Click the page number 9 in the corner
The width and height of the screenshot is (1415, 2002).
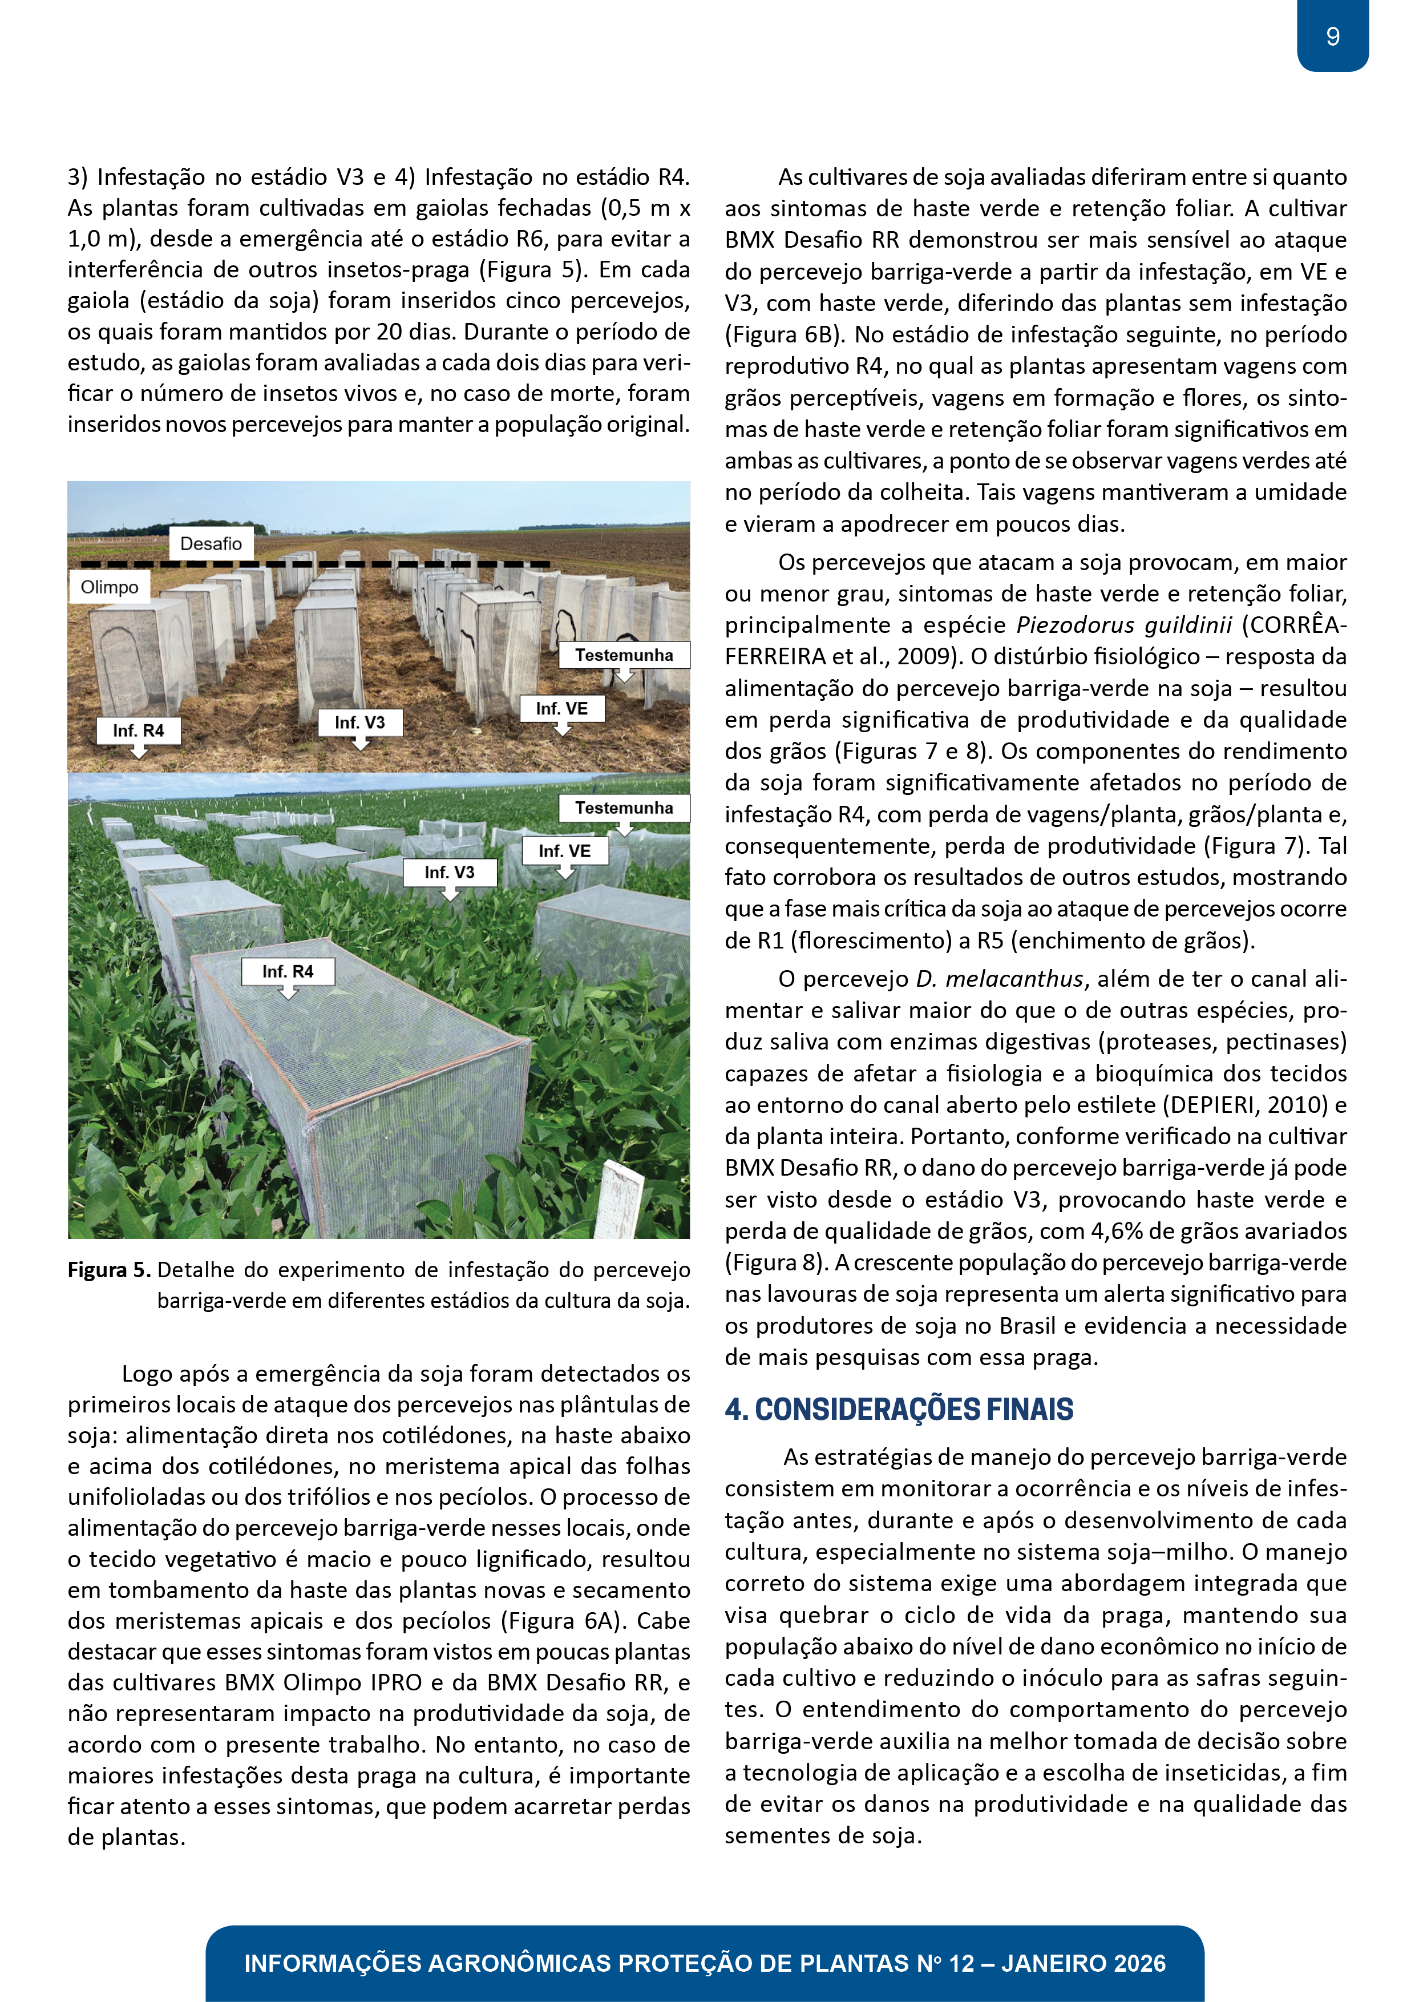pos(1332,37)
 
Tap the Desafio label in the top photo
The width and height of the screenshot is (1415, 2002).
pos(211,544)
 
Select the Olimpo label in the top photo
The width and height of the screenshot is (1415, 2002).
pos(110,587)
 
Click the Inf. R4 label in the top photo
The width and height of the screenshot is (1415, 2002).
pos(139,730)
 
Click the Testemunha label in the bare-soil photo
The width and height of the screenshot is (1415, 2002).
pos(624,655)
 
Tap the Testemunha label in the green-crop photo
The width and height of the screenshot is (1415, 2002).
pos(624,808)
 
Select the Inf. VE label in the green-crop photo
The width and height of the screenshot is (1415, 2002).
pos(564,851)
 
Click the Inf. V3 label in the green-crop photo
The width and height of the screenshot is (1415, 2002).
pos(450,872)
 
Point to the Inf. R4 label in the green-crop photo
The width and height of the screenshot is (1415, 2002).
pos(288,971)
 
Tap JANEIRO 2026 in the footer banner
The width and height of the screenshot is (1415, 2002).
pos(1083,1964)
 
